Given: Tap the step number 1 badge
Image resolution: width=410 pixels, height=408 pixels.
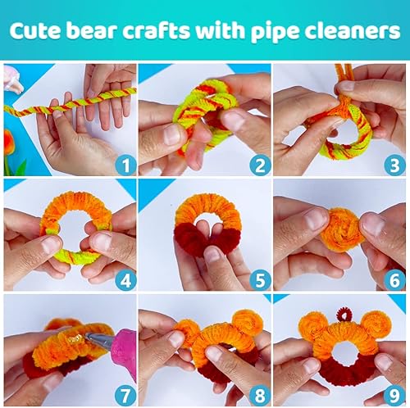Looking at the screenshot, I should click(x=125, y=166).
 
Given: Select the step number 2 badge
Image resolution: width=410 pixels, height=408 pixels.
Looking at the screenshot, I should click(x=259, y=166).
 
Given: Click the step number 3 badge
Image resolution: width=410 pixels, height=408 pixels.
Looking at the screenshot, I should click(x=392, y=166).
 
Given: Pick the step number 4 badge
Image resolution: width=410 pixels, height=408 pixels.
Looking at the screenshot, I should click(x=125, y=281).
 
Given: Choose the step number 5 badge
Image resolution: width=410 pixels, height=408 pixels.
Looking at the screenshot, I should click(x=259, y=281).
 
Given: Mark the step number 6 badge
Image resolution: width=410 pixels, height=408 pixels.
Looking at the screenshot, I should click(x=392, y=281).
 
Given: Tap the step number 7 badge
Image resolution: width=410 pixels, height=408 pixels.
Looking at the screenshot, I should click(x=125, y=394).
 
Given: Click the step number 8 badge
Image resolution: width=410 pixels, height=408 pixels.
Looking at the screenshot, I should click(x=259, y=394).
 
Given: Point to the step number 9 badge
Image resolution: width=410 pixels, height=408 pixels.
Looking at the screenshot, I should click(x=392, y=394).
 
